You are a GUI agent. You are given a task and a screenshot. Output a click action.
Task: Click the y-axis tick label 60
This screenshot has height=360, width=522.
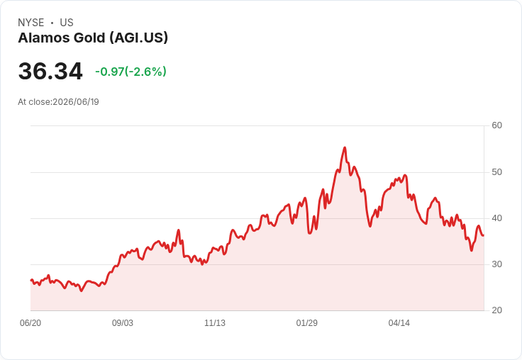point(496,125)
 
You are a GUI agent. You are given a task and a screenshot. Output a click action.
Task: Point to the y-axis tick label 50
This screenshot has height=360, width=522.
point(496,172)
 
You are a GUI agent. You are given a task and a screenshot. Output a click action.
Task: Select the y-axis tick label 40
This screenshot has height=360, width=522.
point(496,218)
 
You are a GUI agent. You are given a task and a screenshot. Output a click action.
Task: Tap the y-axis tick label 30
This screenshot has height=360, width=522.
point(496,264)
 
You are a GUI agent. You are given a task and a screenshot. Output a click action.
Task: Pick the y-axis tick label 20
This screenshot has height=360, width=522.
point(496,310)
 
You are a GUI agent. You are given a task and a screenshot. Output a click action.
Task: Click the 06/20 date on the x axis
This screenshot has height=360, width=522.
point(30,323)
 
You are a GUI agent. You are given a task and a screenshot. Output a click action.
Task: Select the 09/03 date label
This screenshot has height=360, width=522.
point(123,323)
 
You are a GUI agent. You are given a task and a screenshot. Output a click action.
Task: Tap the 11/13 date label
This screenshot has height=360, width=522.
point(215,323)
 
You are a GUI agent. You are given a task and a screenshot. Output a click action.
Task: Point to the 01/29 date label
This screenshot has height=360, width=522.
point(306,323)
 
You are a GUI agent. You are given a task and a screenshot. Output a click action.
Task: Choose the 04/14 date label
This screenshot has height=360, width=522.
point(399,323)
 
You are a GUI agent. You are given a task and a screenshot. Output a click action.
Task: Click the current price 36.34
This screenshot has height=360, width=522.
point(50,71)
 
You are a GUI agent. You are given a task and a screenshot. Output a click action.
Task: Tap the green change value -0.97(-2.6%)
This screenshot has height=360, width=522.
point(130,72)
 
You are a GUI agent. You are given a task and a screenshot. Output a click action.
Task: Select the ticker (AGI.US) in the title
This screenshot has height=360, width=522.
point(139,38)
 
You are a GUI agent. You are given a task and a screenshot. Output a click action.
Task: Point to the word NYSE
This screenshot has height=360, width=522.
point(31,23)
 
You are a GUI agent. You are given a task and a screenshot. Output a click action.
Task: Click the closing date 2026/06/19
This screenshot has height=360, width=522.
point(76,102)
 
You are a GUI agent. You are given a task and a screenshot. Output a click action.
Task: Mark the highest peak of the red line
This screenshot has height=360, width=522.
point(345,147)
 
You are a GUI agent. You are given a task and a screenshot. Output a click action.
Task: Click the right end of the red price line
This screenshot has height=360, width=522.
point(484,235)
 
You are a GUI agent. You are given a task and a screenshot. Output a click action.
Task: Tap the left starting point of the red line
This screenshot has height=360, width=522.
point(31,280)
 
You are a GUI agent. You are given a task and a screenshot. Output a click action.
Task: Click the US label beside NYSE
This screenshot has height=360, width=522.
point(67,23)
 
